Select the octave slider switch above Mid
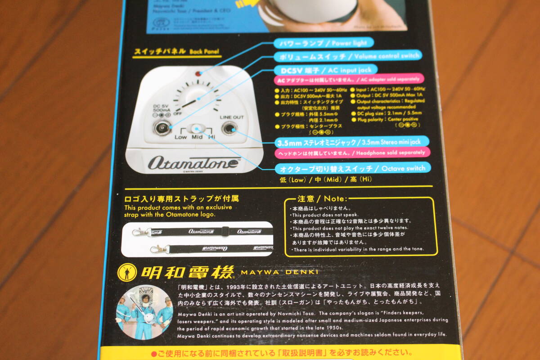point(196,129)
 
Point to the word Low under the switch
point(181,137)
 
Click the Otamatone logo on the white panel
point(193,162)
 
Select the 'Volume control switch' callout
point(348,56)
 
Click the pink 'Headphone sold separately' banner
point(350,153)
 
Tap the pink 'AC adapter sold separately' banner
point(349,81)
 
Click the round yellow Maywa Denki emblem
point(127,272)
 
